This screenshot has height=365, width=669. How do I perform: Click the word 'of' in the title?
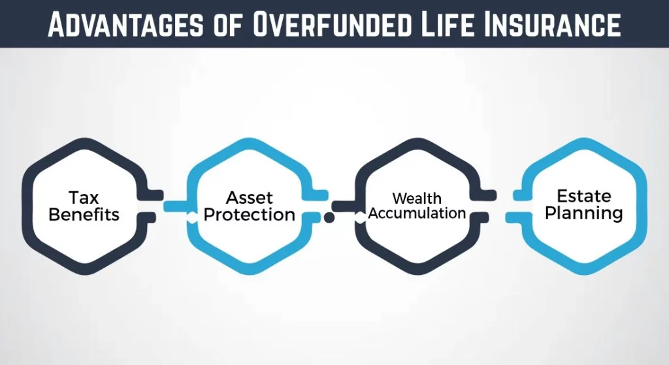(x=228, y=25)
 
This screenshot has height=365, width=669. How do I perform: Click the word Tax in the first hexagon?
(x=84, y=197)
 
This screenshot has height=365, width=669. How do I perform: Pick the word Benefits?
(x=84, y=214)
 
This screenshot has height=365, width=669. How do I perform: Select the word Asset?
(x=249, y=197)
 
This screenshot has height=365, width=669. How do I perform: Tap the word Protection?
(x=250, y=214)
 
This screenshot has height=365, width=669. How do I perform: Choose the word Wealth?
(x=417, y=198)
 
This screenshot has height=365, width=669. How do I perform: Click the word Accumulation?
(x=417, y=213)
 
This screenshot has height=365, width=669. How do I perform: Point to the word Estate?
(x=583, y=196)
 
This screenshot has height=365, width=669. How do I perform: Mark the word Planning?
(x=583, y=213)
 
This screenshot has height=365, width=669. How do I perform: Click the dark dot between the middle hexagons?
(x=329, y=217)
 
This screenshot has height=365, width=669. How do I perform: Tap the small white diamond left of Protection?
(x=191, y=217)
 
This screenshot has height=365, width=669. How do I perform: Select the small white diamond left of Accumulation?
(x=360, y=217)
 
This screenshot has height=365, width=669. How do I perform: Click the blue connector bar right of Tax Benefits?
(x=176, y=206)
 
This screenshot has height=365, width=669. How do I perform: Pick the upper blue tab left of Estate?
(x=519, y=195)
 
